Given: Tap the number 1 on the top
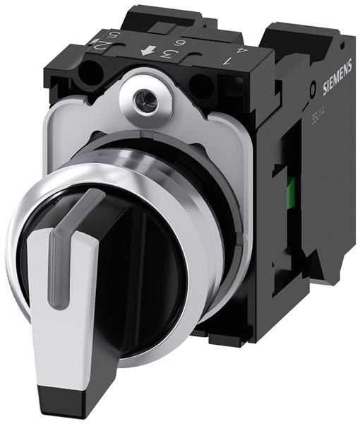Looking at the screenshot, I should [x=226, y=61].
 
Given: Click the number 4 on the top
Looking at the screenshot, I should [x=244, y=51].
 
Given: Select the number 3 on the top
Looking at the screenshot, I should [x=167, y=54].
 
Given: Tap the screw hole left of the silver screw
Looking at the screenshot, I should [x=92, y=73].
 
